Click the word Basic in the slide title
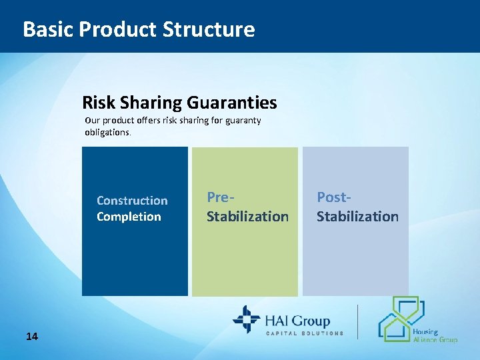48,29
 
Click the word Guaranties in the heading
232,103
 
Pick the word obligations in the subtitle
108,132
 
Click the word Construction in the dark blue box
132,201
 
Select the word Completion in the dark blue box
129,217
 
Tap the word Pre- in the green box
219,197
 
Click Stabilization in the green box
247,217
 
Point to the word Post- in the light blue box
333,197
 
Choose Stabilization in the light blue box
357,217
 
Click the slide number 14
32,336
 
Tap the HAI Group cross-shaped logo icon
246,319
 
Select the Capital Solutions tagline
305,333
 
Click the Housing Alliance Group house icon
400,319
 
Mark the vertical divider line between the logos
358,321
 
